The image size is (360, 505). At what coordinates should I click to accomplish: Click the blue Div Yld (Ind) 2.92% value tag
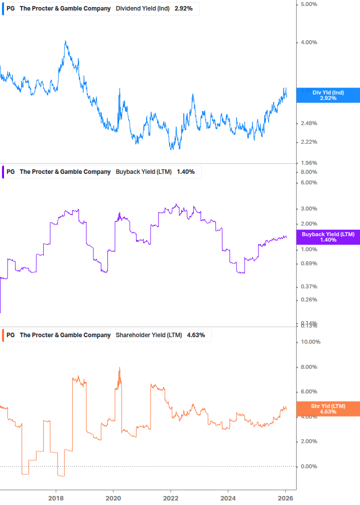pos(328,95)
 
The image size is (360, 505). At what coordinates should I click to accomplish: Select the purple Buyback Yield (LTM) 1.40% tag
pos(328,237)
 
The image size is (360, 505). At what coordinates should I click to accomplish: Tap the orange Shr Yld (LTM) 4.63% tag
pos(328,409)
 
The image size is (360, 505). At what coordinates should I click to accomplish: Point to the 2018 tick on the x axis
pos(56,497)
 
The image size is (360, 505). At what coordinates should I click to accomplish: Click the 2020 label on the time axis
pos(113,497)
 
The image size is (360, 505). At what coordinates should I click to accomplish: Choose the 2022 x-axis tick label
pos(171,497)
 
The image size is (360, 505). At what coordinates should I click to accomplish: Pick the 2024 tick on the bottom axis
pos(228,497)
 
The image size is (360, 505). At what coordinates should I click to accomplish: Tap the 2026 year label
pos(286,497)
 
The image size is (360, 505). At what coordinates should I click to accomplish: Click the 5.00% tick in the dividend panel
pos(308,5)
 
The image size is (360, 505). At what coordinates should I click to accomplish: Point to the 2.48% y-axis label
pos(308,124)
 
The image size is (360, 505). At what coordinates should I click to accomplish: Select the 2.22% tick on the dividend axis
pos(308,142)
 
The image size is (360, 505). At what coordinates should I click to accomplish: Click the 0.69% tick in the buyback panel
pos(308,264)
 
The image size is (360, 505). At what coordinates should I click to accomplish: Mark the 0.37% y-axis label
pos(308,287)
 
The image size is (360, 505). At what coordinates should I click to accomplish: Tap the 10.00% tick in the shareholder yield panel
pos(309,342)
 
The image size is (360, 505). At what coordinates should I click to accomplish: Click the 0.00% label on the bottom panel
pos(308,467)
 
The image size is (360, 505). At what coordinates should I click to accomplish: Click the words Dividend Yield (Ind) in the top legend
pos(143,9)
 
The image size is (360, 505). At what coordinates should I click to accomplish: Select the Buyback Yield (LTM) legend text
pos(144,172)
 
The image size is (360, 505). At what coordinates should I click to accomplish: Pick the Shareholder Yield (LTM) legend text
pos(149,335)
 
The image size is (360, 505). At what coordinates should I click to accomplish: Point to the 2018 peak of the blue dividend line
pos(65,41)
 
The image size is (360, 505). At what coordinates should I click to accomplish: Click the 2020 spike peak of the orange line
pos(119,368)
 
